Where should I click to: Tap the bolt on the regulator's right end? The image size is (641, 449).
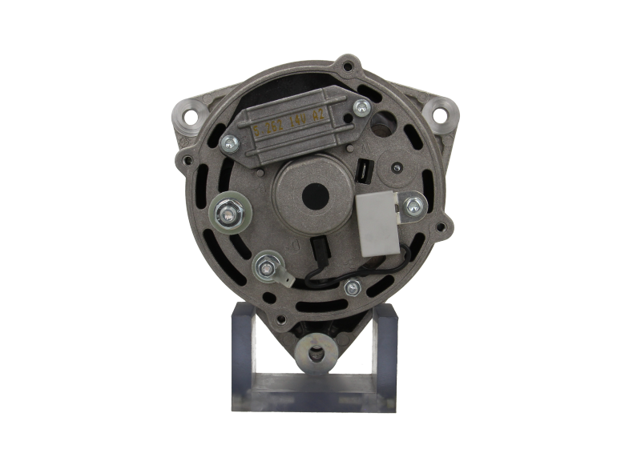click(x=363, y=106)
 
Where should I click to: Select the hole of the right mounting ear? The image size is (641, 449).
click(x=439, y=115)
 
